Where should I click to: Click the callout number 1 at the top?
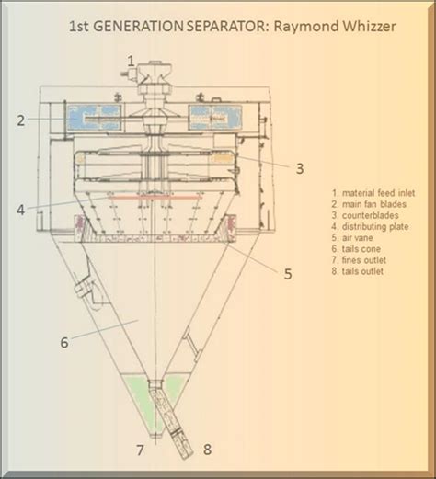click(131, 60)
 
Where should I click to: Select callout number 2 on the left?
click(17, 120)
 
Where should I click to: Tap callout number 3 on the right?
click(300, 167)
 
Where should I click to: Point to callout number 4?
click(19, 208)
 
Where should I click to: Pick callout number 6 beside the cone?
click(63, 343)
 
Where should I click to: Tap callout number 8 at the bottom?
click(208, 450)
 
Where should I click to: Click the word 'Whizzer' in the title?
click(361, 29)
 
